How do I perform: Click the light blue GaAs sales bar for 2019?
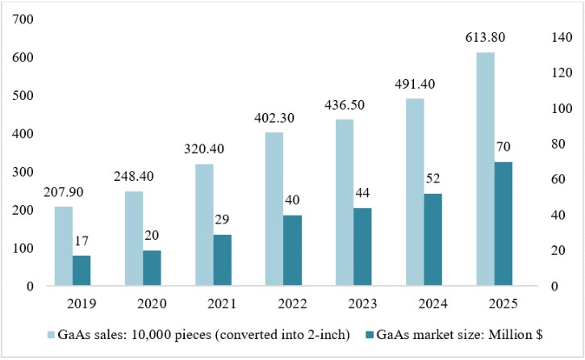coord(64,246)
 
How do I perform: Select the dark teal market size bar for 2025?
coord(504,224)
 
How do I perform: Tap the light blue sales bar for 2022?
coord(274,209)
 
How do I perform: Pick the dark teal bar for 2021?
coord(223,261)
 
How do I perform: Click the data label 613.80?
coord(485,37)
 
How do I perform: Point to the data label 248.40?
coord(134,176)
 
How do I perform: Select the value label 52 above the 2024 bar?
coord(432,178)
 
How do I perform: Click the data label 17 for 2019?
coord(81,241)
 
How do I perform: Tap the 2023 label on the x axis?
coord(362,303)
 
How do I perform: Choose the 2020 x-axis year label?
coord(152,303)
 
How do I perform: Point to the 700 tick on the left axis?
coord(23,19)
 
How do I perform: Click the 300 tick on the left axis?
coord(23,172)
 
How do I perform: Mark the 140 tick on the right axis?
coord(562,37)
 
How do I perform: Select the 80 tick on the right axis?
coord(558,144)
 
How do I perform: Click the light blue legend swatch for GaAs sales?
coord(51,335)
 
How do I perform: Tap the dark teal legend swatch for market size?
coord(370,335)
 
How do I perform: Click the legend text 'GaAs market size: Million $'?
coord(459,335)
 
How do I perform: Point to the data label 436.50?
coord(345,105)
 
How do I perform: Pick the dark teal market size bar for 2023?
coord(362,247)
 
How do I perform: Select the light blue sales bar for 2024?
coord(415,192)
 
